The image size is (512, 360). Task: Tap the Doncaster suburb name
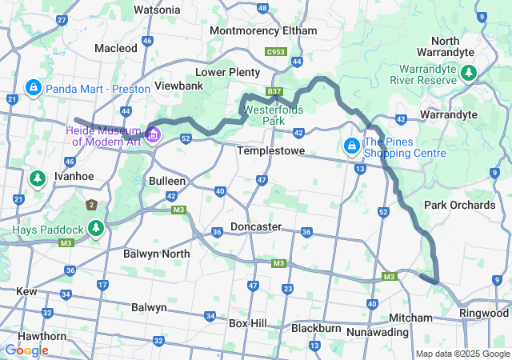coord(256,226)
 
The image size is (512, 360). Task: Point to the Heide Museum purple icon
coord(153,132)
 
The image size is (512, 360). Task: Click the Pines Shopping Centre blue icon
coord(351,146)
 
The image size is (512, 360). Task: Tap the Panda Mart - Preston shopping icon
coord(34,87)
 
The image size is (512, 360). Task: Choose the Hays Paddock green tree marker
coord(96,230)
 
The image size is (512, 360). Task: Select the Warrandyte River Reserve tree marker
coord(469,74)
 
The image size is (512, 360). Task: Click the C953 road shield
coord(276,52)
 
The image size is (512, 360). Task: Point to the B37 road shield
coord(274,92)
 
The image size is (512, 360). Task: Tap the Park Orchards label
coord(460,205)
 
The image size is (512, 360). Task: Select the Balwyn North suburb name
coord(157,254)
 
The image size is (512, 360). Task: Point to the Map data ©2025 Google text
coord(462,354)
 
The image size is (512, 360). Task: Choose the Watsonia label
coord(157,10)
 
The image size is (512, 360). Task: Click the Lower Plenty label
coord(228,71)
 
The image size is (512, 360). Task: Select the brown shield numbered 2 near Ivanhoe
coord(92,206)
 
